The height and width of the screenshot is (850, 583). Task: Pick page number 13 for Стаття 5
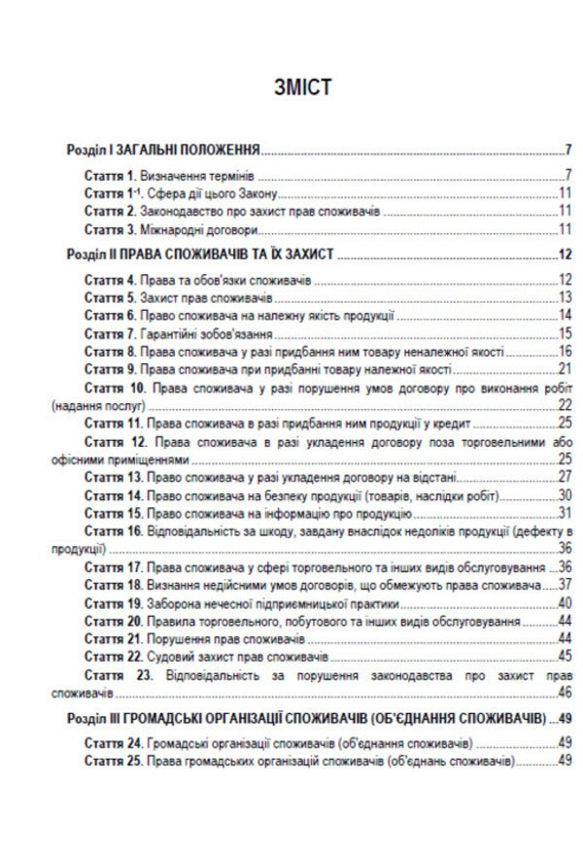564,298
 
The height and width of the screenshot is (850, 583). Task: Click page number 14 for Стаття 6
564,316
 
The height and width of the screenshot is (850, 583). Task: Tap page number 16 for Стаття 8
564,351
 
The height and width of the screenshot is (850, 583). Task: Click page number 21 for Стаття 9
564,368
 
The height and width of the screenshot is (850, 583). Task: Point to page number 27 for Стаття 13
564,478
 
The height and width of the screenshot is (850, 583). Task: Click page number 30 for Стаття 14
564,495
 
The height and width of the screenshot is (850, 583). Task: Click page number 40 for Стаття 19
564,603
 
